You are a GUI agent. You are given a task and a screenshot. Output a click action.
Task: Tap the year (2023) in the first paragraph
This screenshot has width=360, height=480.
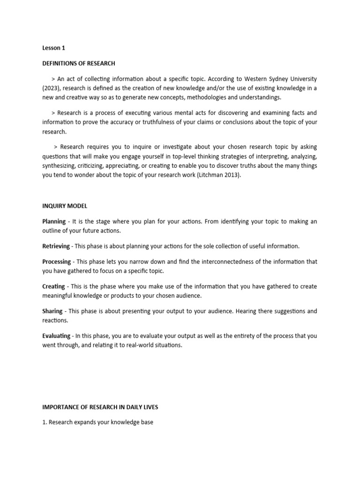click(x=51, y=88)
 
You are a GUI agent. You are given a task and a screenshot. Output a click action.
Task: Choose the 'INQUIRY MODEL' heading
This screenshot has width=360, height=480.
click(x=64, y=206)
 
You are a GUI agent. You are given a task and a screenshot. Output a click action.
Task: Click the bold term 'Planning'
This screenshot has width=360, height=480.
click(x=54, y=221)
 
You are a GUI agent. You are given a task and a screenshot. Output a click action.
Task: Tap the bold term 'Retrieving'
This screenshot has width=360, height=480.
click(x=56, y=246)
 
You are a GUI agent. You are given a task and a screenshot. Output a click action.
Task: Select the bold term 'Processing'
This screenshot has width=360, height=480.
click(x=56, y=262)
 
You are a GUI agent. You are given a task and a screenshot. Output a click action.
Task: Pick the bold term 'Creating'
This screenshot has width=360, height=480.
click(x=53, y=286)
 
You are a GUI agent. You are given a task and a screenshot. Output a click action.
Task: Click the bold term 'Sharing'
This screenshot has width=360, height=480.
click(x=52, y=311)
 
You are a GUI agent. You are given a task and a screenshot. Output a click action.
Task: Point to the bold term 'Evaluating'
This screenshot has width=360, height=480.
click(x=56, y=336)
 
